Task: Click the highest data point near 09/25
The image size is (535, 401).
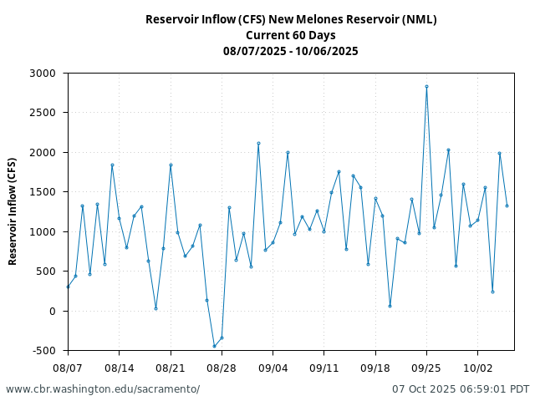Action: point(426,86)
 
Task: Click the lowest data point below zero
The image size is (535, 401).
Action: point(214,346)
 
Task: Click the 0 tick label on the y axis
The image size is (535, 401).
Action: point(52,311)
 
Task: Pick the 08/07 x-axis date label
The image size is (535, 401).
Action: point(68,368)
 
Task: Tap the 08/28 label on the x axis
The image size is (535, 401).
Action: point(222,368)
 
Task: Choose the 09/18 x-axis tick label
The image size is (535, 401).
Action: point(375,368)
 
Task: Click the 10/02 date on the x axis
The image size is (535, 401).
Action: point(477,368)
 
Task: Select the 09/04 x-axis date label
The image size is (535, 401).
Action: point(273,368)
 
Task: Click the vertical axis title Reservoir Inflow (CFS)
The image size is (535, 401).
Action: point(13,211)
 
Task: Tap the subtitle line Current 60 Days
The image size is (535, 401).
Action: point(291,35)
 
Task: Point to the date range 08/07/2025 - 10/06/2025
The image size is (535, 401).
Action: point(291,51)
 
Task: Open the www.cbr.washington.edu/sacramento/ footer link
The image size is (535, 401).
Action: point(103,389)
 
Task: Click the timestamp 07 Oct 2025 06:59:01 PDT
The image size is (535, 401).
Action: point(461,389)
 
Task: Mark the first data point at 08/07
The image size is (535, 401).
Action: point(68,287)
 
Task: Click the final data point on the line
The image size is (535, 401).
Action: point(507,206)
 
